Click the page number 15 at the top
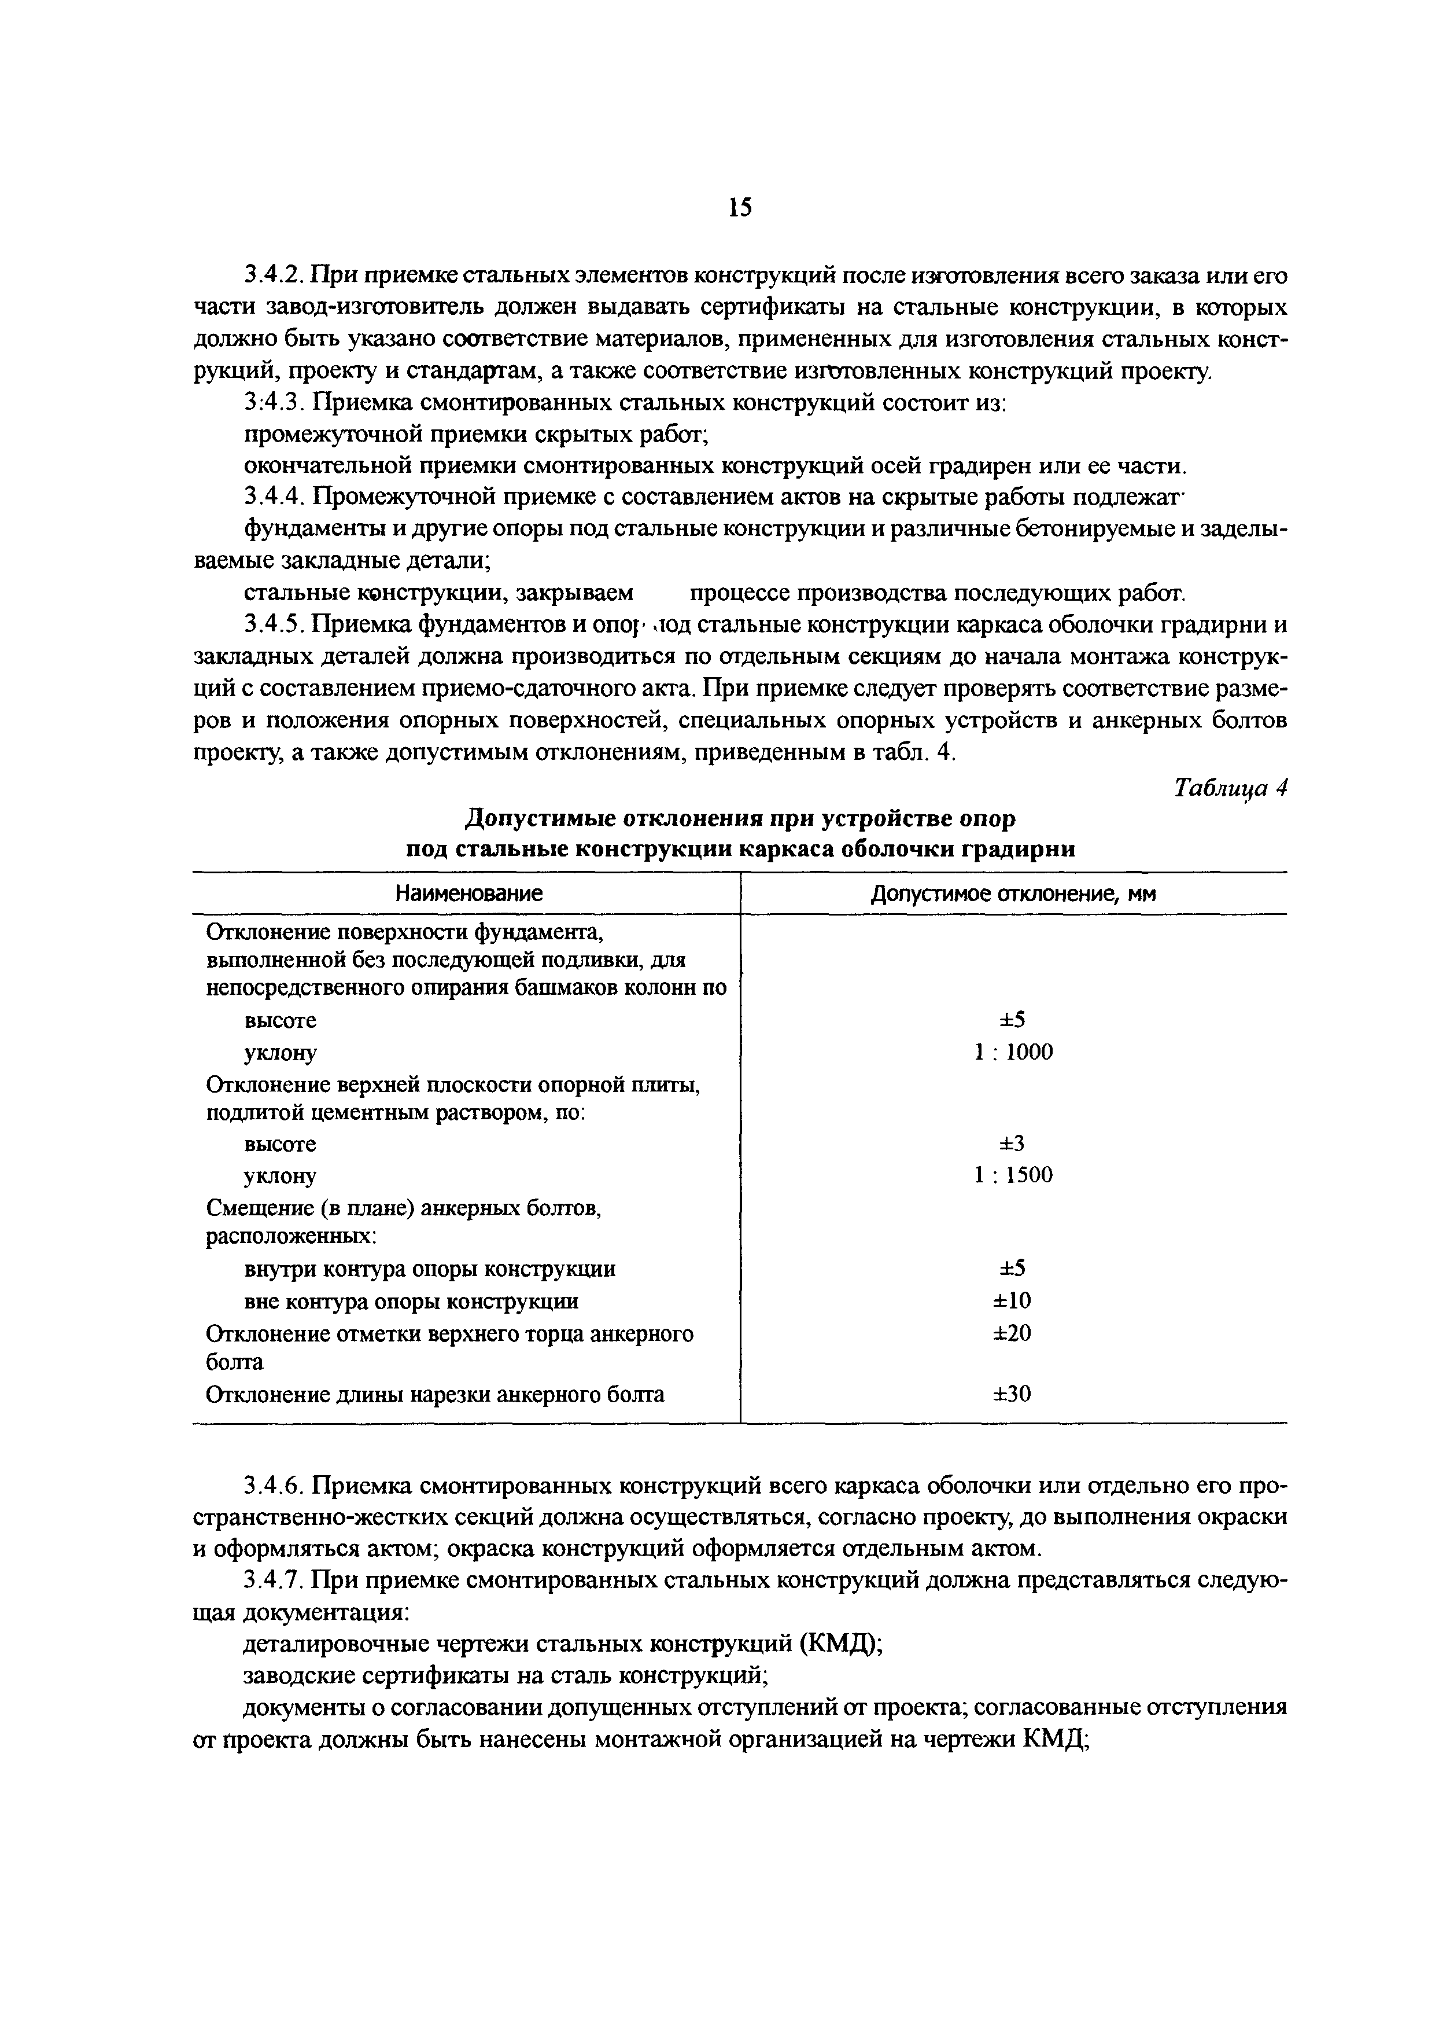(739, 208)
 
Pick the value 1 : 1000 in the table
(1013, 1052)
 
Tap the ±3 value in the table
(1013, 1143)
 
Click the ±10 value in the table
(1013, 1300)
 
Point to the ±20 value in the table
(1013, 1333)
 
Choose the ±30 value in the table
(1013, 1394)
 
